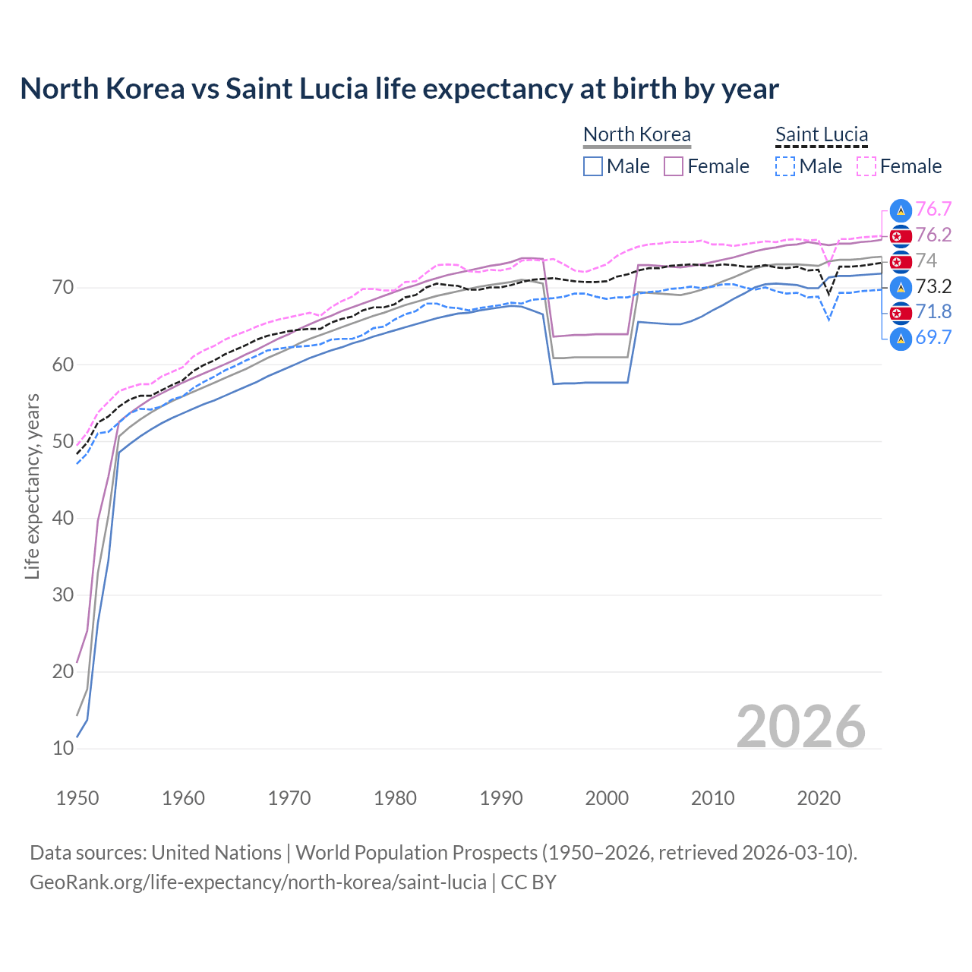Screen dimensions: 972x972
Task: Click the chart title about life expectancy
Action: (399, 89)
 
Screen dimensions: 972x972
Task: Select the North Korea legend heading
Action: (636, 135)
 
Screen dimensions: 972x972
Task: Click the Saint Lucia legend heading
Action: (821, 135)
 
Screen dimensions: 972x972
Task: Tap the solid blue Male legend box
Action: (593, 166)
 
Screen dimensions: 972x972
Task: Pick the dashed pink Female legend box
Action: (866, 166)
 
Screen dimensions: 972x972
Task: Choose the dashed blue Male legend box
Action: (785, 166)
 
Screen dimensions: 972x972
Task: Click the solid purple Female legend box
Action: (674, 166)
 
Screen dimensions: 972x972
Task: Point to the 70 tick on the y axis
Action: (63, 288)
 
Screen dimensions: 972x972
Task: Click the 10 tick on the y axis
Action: (63, 748)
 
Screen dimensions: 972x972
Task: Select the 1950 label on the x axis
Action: (77, 798)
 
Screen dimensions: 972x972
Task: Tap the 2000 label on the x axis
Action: (607, 798)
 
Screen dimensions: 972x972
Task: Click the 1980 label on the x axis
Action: (395, 798)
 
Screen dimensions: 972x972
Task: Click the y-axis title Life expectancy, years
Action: (32, 486)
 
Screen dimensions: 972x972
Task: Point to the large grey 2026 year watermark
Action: (800, 727)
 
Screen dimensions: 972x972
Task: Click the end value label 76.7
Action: (933, 210)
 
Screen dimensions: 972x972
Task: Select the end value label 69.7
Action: (933, 338)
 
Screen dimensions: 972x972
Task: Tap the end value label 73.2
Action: (933, 286)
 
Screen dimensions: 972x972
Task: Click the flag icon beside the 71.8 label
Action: (901, 312)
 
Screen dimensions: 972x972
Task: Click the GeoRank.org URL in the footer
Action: (258, 882)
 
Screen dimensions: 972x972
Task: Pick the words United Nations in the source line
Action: (216, 853)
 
